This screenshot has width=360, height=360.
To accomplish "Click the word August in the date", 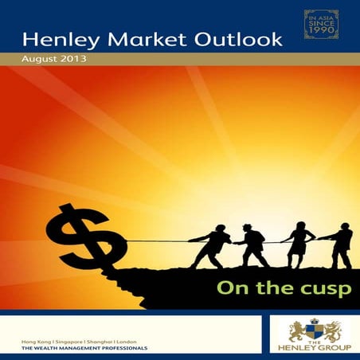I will click(x=41, y=60).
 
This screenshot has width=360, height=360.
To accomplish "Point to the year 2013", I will click(x=76, y=60).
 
